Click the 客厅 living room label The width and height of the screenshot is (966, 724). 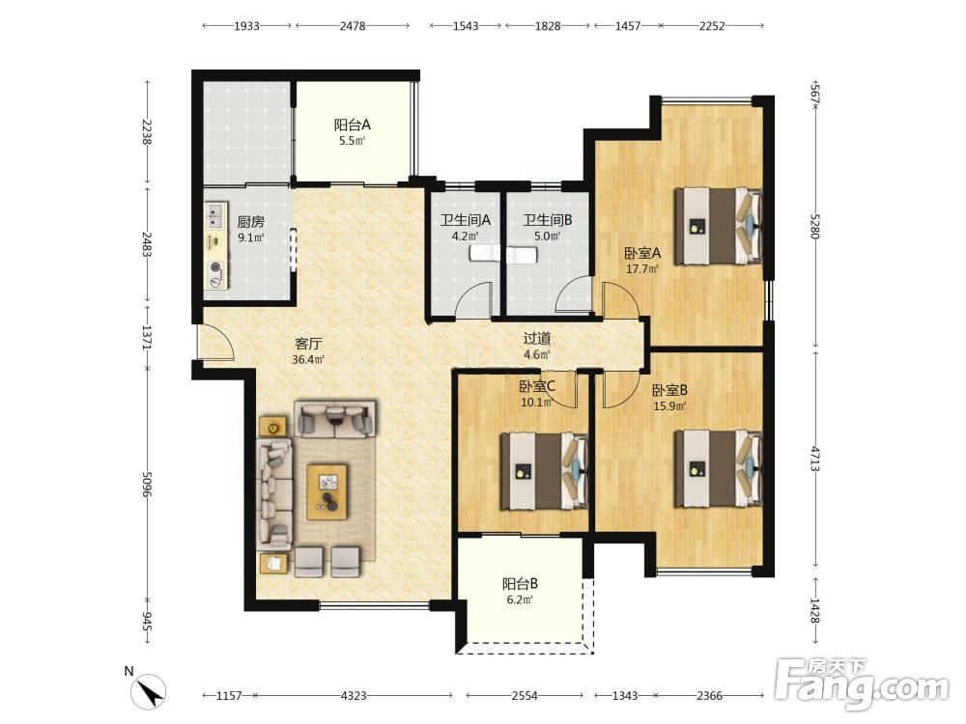point(308,344)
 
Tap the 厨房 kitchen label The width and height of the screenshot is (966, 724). point(251,222)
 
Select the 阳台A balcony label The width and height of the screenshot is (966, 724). point(353,125)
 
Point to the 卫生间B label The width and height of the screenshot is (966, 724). point(548,220)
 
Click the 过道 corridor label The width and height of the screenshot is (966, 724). point(536,338)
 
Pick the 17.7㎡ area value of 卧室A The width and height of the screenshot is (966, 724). point(642,269)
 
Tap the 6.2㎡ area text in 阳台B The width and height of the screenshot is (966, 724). point(520,599)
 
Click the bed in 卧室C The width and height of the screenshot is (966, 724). point(543,471)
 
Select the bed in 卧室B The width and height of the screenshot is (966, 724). point(719,469)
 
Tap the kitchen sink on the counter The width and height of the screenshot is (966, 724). point(215,215)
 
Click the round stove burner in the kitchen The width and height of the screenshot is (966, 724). point(215,267)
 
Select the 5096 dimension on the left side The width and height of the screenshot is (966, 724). point(147,485)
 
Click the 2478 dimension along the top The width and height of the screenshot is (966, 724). point(353,26)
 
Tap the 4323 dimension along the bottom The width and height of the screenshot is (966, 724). point(354,696)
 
